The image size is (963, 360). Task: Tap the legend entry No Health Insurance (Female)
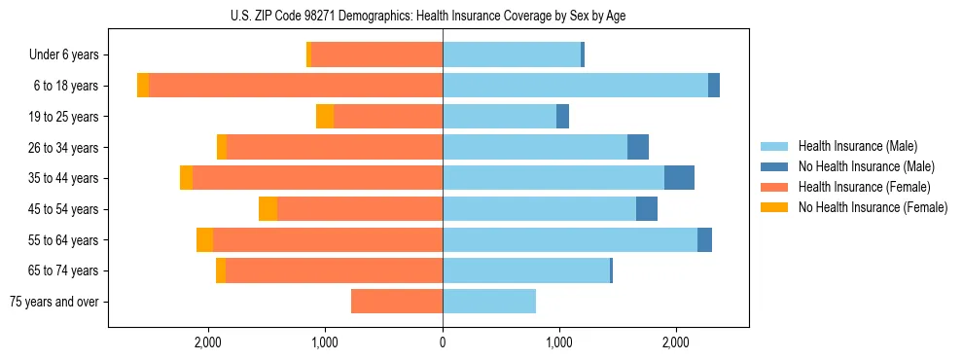872,207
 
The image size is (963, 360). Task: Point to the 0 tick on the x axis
443,342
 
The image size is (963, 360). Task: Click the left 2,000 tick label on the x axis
208,342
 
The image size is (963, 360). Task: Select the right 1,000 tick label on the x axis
559,342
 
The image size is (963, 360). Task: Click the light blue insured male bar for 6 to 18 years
575,86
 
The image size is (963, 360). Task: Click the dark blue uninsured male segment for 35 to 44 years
679,178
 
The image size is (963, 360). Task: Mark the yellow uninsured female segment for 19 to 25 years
325,117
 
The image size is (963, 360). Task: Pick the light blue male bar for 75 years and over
489,302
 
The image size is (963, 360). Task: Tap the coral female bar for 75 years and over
397,302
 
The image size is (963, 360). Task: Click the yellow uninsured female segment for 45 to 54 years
267,209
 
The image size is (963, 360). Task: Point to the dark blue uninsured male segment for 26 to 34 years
638,147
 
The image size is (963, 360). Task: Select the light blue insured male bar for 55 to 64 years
570,240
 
